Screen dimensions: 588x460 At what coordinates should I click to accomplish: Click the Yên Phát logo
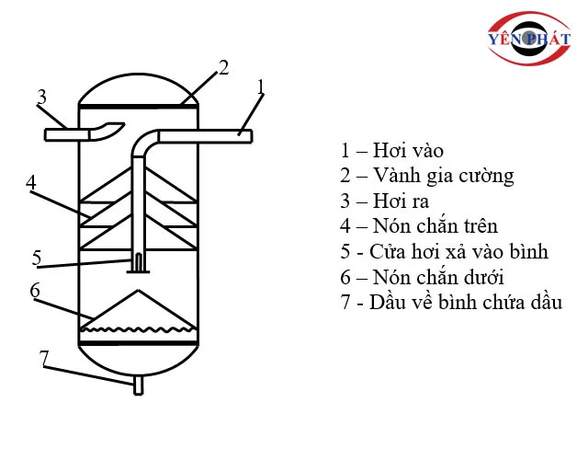coord(529,39)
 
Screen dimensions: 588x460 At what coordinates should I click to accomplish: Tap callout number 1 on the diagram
coord(261,86)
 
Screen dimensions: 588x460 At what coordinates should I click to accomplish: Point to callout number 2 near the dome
coord(223,67)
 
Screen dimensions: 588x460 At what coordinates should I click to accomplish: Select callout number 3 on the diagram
coord(41,97)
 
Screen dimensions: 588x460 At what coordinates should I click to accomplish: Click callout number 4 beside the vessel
coord(31,182)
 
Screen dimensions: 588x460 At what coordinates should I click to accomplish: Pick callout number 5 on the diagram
coord(37,258)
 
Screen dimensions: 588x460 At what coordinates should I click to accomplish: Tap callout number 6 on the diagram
coord(35,291)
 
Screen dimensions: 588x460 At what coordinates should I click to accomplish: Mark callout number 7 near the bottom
coord(44,358)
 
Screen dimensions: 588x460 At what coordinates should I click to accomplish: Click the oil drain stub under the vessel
coord(139,385)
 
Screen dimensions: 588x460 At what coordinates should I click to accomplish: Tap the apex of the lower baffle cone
coord(139,291)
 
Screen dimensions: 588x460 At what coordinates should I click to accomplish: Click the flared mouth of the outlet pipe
coord(107,131)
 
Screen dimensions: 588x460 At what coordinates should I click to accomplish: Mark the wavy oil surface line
coord(138,329)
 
